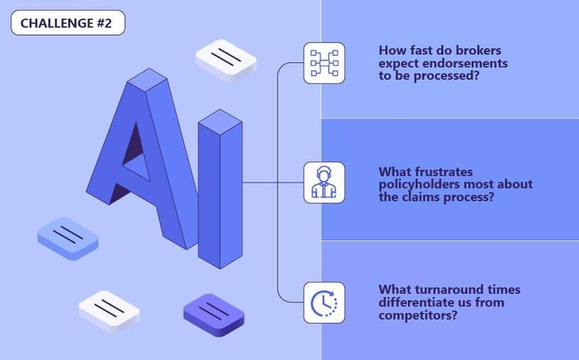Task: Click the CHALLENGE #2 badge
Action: tap(68, 23)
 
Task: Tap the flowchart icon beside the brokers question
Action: tap(324, 63)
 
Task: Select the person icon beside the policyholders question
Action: tap(324, 182)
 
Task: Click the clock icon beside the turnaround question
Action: tap(324, 302)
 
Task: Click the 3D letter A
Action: tap(138, 160)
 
